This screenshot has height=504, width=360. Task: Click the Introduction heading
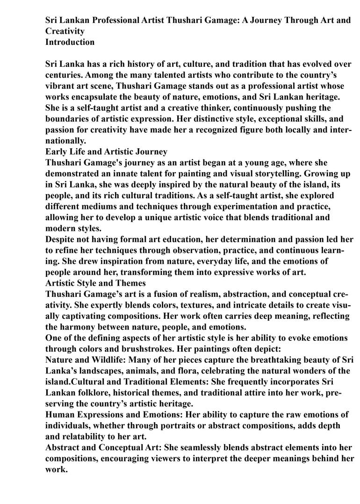point(70,42)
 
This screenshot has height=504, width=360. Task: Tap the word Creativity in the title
point(65,31)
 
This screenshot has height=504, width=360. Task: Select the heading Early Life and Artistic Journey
point(106,151)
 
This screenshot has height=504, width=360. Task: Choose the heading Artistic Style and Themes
point(95,283)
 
